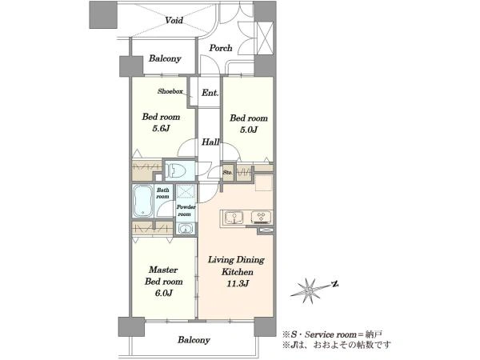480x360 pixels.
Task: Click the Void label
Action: point(174,20)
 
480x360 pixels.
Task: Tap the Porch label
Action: point(221,48)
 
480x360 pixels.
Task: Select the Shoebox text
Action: point(170,91)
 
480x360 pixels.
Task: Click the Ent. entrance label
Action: point(210,93)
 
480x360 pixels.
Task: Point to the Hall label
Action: point(210,142)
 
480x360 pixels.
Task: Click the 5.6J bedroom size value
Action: point(161,129)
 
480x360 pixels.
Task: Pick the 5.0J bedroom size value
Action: point(249,130)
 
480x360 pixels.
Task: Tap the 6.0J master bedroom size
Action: point(164,293)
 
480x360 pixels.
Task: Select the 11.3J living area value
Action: point(238,283)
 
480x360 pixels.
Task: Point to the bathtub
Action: point(142,201)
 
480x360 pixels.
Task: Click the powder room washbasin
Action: point(185,228)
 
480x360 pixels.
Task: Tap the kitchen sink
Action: point(234,218)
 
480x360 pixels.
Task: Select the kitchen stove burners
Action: point(261,217)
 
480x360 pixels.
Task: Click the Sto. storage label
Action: point(227,172)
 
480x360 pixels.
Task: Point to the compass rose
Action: point(310,290)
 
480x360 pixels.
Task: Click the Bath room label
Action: point(162,193)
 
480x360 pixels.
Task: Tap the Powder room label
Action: point(186,210)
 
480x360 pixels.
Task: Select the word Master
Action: point(163,270)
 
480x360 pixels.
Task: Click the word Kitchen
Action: point(238,272)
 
